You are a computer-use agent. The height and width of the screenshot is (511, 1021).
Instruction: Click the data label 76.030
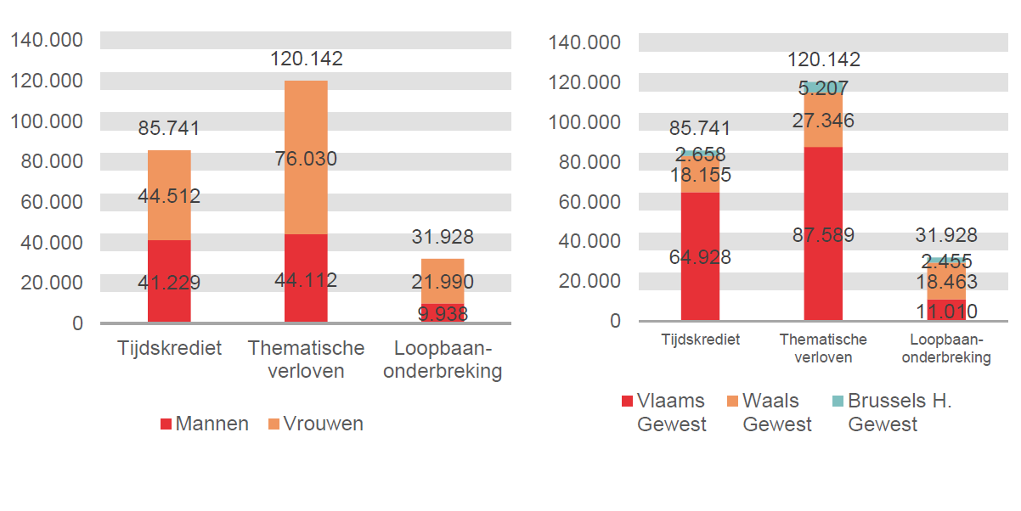pyautogui.click(x=306, y=159)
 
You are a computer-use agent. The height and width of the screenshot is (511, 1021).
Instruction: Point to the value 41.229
pyautogui.click(x=169, y=282)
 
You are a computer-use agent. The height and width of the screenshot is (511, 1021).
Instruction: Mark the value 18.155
pyautogui.click(x=700, y=176)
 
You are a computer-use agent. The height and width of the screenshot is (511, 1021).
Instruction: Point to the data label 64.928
pyautogui.click(x=700, y=257)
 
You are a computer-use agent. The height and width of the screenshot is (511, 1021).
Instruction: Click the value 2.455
pyautogui.click(x=946, y=261)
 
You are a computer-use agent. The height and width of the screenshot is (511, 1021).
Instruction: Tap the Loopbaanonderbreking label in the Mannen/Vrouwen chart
pyautogui.click(x=443, y=360)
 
